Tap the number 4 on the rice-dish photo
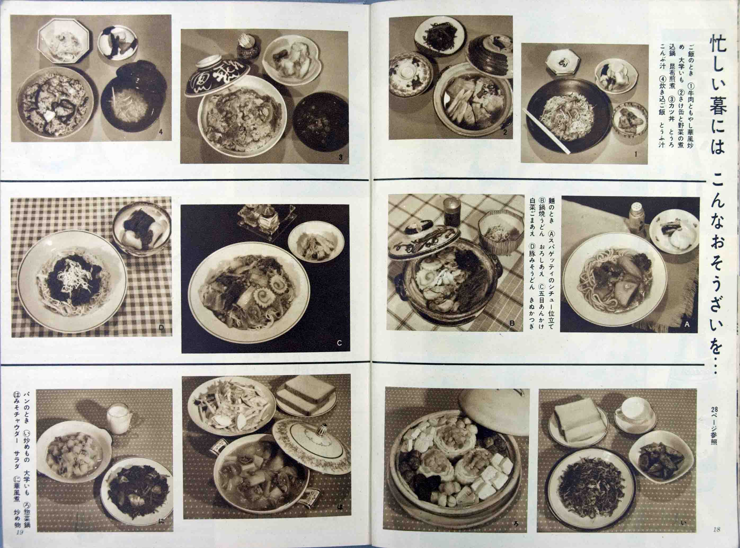[161, 132]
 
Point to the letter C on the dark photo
[339, 343]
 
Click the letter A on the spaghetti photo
[686, 324]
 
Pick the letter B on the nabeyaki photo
[512, 323]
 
